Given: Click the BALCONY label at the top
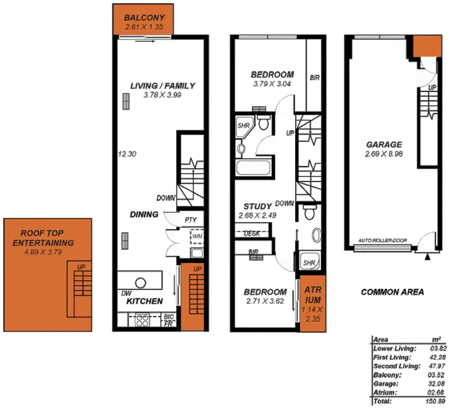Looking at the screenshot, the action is click(143, 17).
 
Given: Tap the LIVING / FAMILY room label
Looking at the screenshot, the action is click(162, 86).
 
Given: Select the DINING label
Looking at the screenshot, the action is click(144, 215).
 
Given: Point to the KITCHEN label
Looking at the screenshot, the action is click(144, 301).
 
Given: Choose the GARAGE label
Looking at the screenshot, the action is click(384, 144).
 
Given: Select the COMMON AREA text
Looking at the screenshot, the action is click(393, 292).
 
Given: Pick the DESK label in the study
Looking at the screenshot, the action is click(251, 233).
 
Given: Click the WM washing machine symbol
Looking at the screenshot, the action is click(197, 236).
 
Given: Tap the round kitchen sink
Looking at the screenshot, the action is click(141, 282).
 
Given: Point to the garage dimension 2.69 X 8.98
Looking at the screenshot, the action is click(384, 153).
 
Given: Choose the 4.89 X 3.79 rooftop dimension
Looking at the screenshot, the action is click(47, 252).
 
